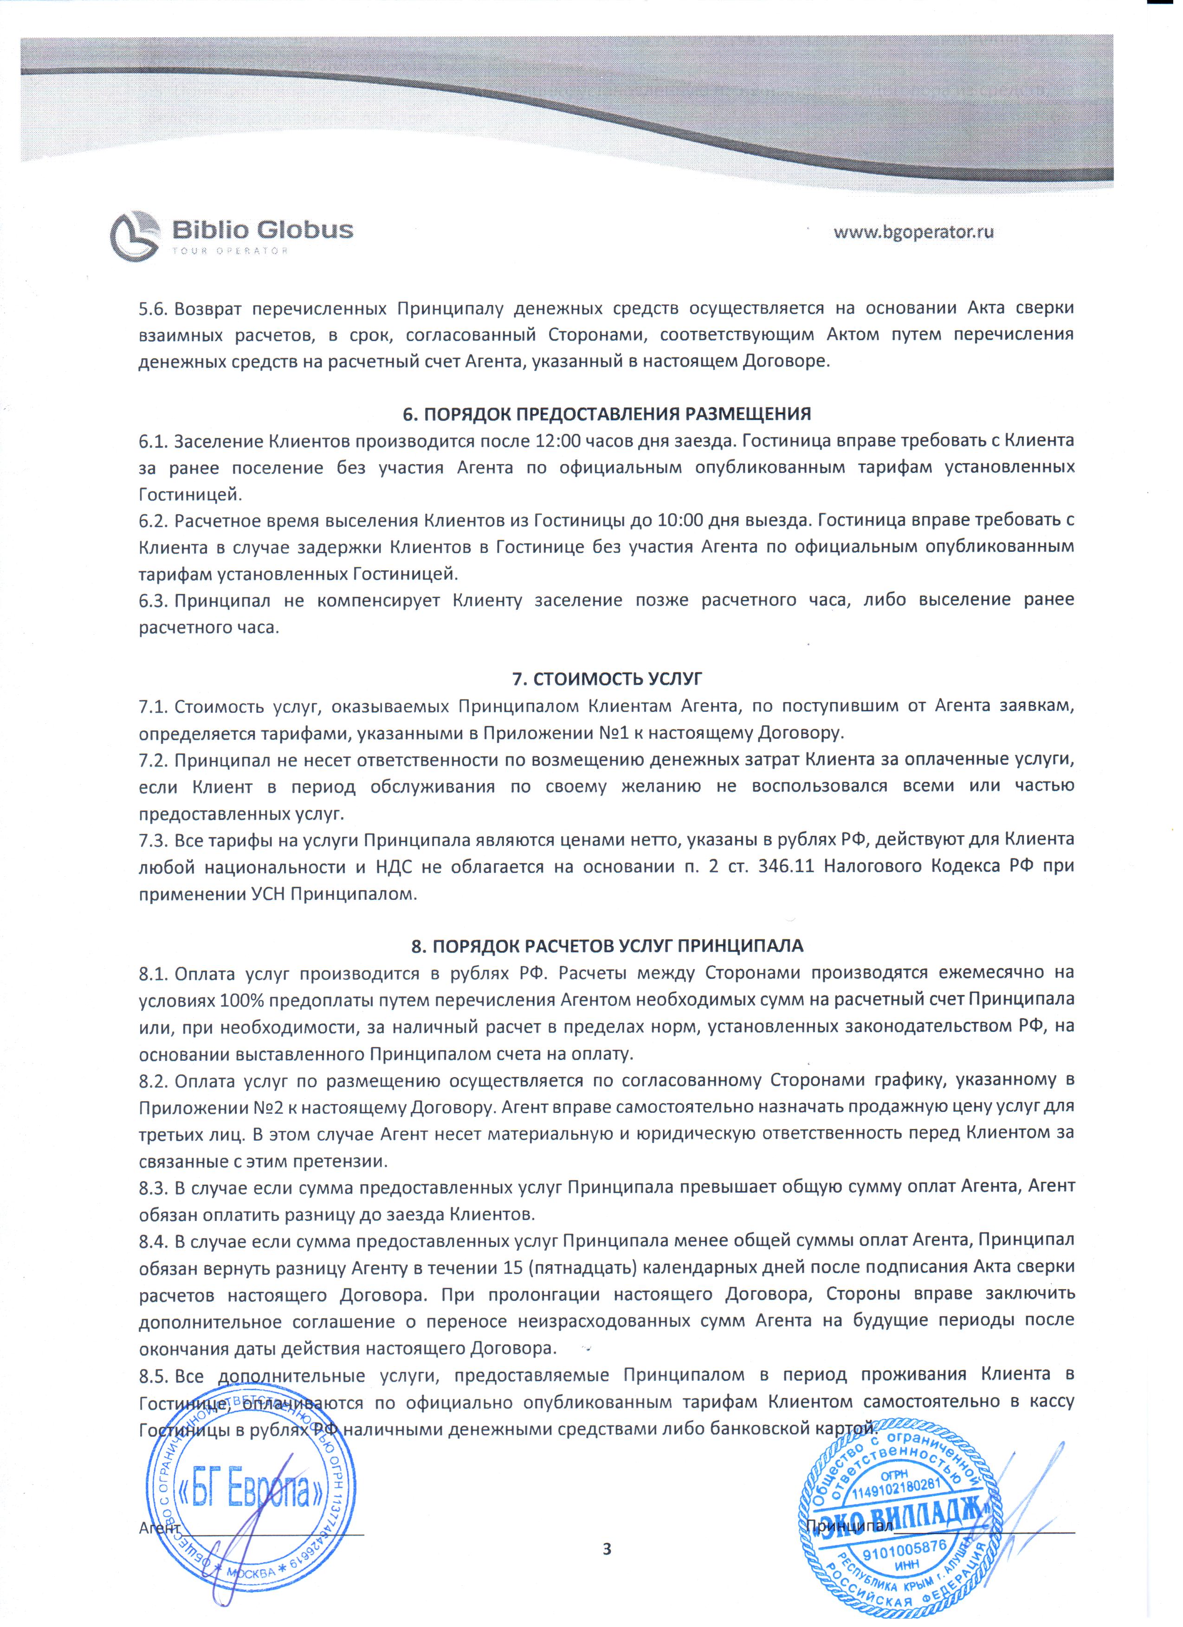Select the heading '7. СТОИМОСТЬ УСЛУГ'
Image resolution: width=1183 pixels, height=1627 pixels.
click(x=607, y=678)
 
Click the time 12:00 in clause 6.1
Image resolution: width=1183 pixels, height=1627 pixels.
click(x=557, y=440)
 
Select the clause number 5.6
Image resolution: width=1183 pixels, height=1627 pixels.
click(x=153, y=308)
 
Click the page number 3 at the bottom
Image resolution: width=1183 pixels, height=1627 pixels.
click(x=607, y=1550)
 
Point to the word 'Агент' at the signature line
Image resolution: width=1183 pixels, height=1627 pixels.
click(x=159, y=1528)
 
